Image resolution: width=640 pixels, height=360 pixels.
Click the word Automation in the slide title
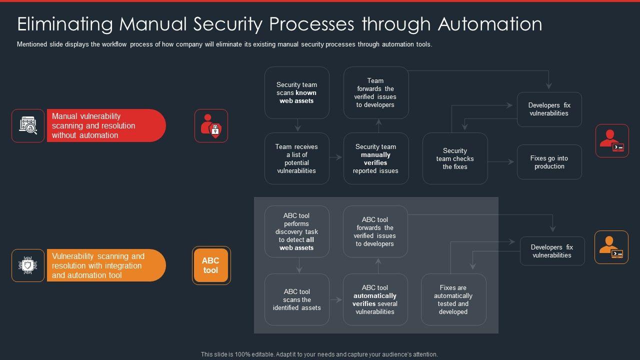tap(490, 24)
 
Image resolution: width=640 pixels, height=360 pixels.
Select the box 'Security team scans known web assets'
tap(297, 93)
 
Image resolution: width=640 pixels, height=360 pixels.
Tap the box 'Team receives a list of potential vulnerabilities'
tap(297, 158)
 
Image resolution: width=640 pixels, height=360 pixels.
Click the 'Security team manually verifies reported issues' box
tap(376, 158)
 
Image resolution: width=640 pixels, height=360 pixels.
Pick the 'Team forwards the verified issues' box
tap(376, 93)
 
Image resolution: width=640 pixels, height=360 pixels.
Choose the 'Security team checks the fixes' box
tap(455, 158)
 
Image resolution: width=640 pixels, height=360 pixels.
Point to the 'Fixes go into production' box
tap(549, 162)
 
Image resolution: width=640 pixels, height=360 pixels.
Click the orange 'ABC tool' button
tap(211, 265)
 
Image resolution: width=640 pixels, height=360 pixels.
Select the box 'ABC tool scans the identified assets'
tap(297, 299)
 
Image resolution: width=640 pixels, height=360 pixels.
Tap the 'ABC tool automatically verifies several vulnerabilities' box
tap(375, 299)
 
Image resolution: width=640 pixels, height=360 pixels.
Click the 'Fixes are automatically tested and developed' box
tap(453, 299)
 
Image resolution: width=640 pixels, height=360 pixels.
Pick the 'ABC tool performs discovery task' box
tap(297, 231)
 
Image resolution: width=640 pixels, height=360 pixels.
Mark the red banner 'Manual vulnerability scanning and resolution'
tap(106, 125)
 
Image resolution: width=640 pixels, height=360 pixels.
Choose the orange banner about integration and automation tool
tap(106, 265)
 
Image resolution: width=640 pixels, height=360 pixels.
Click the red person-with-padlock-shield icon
tap(211, 126)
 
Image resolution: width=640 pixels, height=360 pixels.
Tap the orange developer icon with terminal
tap(611, 247)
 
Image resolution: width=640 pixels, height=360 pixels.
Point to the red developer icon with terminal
tap(612, 140)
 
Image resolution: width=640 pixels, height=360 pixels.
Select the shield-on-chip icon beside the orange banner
tap(28, 265)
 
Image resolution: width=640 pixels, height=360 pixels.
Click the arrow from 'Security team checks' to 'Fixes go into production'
tap(501, 162)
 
